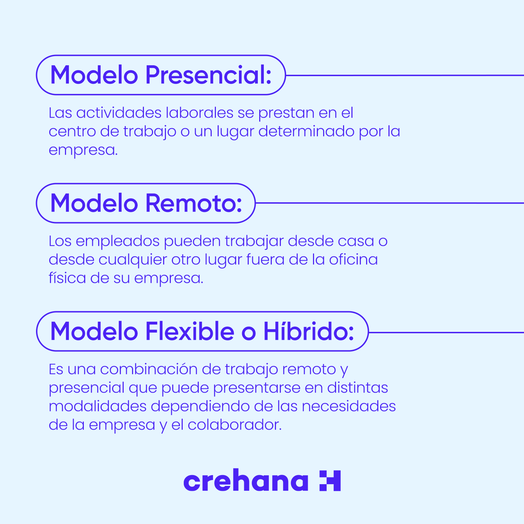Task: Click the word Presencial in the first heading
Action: click(208, 75)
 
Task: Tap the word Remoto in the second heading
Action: click(194, 203)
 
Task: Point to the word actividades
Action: click(119, 113)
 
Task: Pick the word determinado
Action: click(306, 131)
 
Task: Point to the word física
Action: click(67, 278)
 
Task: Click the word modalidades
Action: click(97, 406)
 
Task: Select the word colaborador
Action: click(234, 425)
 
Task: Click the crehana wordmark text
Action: click(246, 481)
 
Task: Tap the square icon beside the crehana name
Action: click(330, 481)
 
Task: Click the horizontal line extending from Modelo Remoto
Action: click(390, 203)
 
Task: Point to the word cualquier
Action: click(133, 260)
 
